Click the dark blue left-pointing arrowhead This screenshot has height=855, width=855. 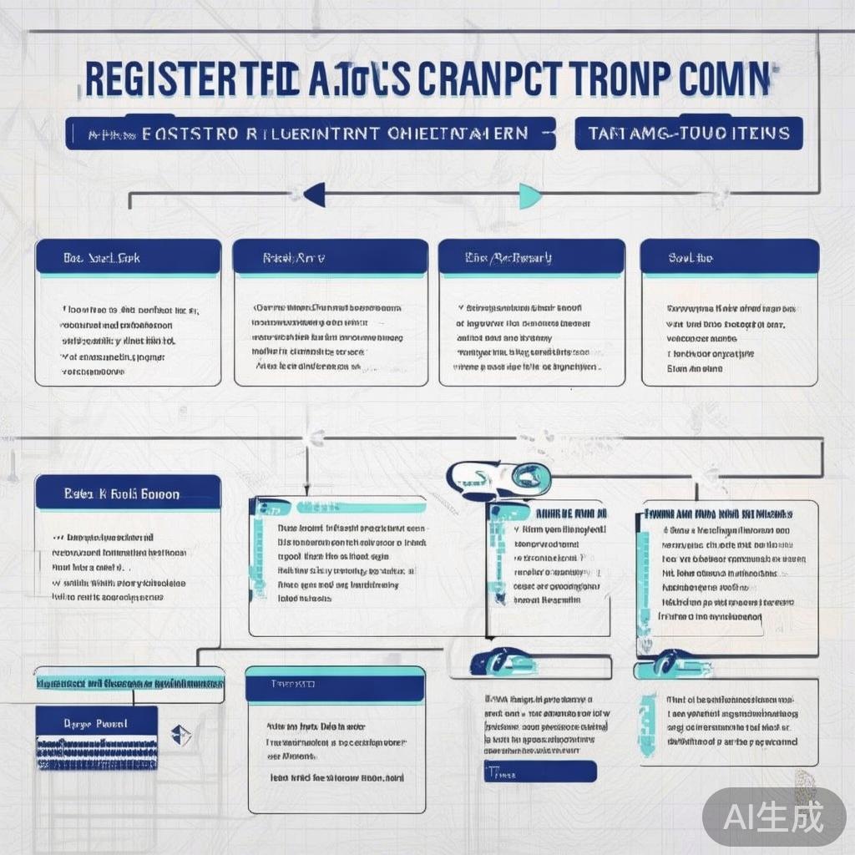[315, 195]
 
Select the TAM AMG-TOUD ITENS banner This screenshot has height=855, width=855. [688, 134]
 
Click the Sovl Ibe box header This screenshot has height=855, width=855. [729, 258]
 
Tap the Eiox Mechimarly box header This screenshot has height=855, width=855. [531, 258]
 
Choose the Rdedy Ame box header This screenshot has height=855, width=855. [329, 258]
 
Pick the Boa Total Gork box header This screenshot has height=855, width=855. [128, 258]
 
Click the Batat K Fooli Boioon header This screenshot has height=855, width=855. [128, 493]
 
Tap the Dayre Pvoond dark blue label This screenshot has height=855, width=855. [96, 723]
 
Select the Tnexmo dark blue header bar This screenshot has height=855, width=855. [335, 685]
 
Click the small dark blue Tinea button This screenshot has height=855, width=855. [539, 772]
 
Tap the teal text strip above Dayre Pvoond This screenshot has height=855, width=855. [129, 683]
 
